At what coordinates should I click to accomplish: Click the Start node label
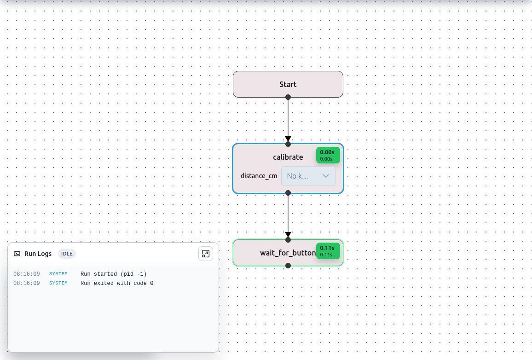coord(288,84)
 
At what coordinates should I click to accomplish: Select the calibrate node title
coord(288,157)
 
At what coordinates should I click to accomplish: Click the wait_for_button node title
coord(288,253)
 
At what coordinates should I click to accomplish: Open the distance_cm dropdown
coord(308,176)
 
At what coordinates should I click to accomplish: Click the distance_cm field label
coord(259,176)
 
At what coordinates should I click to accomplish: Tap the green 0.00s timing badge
coord(328,155)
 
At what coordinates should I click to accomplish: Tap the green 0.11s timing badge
coord(328,251)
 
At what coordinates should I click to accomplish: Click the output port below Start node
coord(288,97)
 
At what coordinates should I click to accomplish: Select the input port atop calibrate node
coord(288,144)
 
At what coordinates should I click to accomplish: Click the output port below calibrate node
coord(288,193)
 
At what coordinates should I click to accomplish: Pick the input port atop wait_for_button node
coord(288,239)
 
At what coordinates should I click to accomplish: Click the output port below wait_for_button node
coord(288,265)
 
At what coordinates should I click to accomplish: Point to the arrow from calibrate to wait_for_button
coord(288,215)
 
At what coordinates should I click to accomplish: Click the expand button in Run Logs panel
coord(205,254)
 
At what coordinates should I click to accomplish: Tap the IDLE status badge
coord(67,254)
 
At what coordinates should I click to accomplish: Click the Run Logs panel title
coord(38,254)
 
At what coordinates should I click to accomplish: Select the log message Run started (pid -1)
coord(113,274)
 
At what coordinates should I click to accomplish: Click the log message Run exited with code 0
coord(117,283)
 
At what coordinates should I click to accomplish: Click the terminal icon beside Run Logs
coord(17,254)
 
